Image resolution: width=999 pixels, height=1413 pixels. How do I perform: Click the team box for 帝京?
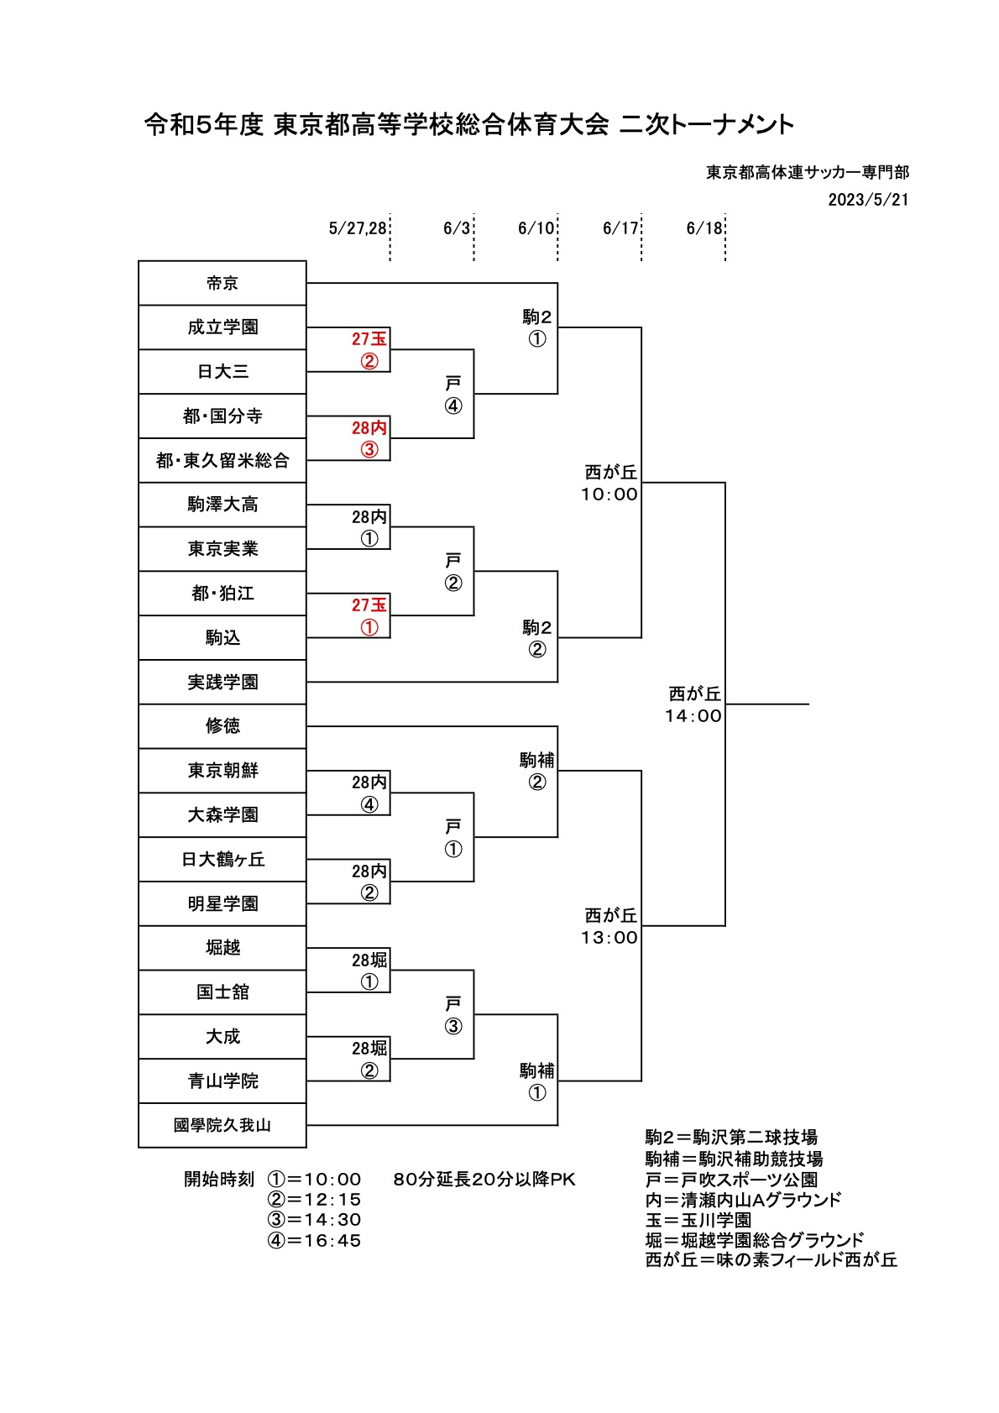click(x=222, y=283)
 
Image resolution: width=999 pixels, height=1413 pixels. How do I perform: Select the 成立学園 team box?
click(x=222, y=327)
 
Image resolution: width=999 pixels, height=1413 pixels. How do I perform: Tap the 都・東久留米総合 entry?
click(x=222, y=460)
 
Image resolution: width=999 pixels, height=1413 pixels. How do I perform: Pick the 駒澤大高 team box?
click(x=222, y=505)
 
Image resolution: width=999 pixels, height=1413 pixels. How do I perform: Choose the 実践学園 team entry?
click(x=222, y=682)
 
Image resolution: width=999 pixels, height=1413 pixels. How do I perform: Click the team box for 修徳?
click(x=222, y=726)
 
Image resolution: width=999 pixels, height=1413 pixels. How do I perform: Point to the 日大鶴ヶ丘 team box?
click(x=222, y=859)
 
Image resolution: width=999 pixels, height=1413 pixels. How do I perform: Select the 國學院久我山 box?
click(x=222, y=1125)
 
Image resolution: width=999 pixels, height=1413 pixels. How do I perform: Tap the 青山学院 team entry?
click(x=222, y=1081)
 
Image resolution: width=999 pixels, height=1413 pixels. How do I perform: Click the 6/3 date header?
click(x=457, y=228)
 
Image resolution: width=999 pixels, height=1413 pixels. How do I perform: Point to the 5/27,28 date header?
click(x=358, y=228)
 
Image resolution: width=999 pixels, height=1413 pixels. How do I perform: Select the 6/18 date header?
click(x=703, y=228)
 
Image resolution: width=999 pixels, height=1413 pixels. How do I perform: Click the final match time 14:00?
click(x=693, y=716)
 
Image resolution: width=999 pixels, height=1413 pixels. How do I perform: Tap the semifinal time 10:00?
click(x=609, y=495)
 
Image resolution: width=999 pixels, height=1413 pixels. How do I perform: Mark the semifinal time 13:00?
click(x=609, y=937)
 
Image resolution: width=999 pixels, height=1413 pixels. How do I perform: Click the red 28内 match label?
click(x=369, y=427)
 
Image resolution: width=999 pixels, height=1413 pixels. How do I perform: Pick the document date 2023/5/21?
click(x=868, y=200)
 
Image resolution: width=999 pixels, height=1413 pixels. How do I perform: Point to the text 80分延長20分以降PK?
click(x=484, y=1180)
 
